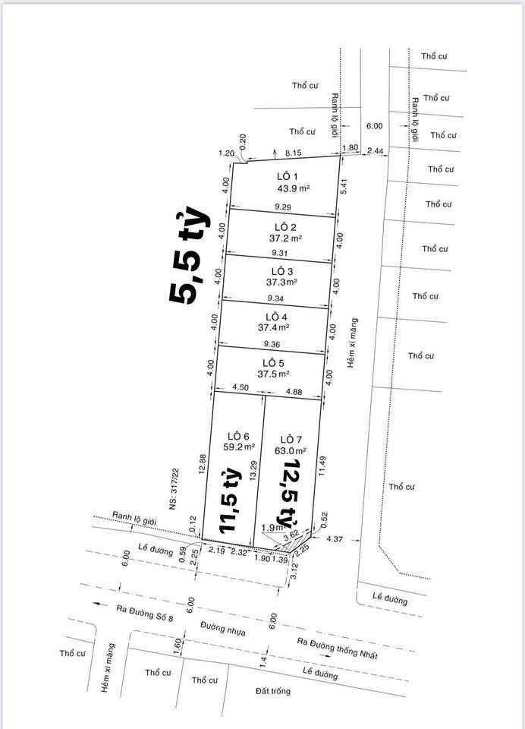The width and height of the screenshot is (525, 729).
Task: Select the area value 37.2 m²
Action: (285, 238)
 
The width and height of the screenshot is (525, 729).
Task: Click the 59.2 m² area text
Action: (238, 447)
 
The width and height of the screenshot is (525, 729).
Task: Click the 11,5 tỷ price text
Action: (231, 503)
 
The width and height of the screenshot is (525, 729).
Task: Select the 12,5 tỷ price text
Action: (289, 494)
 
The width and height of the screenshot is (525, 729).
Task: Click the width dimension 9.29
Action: (283, 207)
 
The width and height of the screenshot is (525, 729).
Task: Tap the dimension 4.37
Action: (335, 539)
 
